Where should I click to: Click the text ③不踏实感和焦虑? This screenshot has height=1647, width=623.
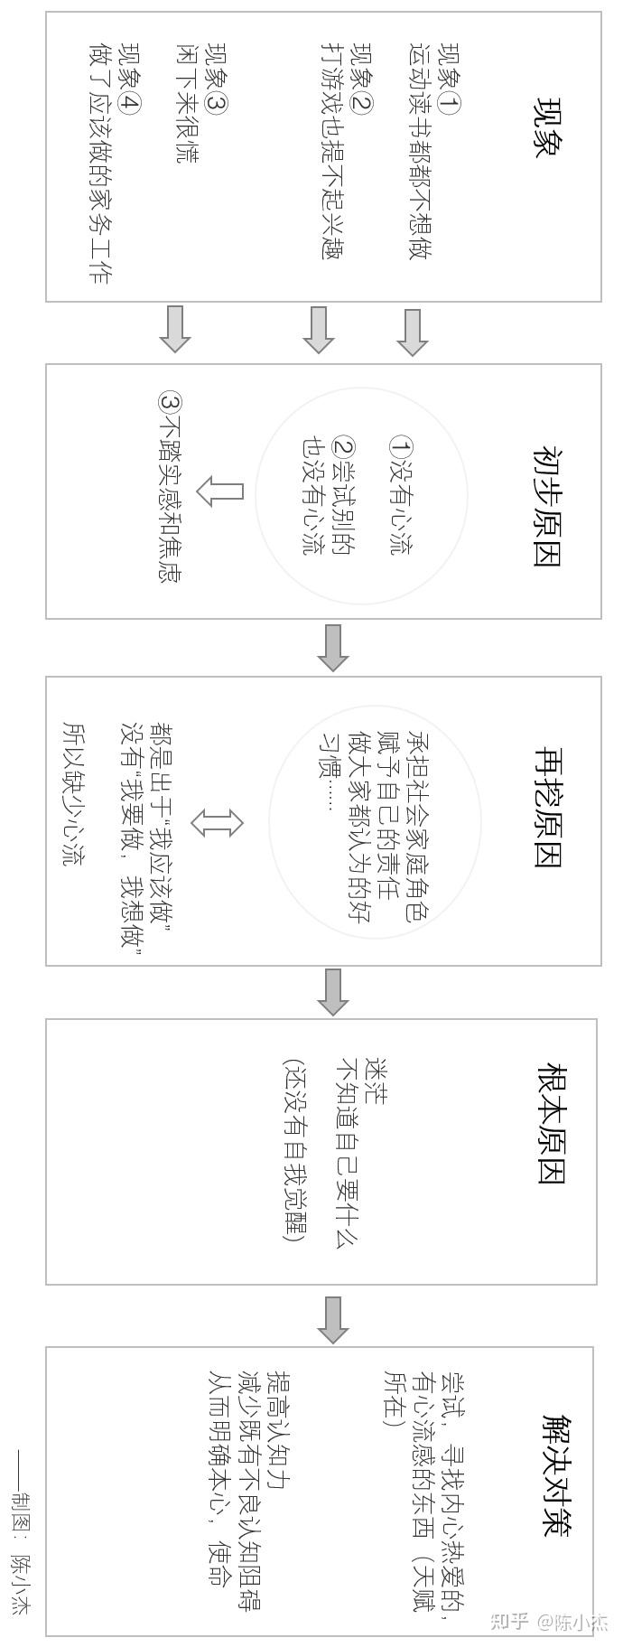click(x=168, y=487)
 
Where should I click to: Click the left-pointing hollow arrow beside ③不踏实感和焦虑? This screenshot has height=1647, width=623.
click(x=220, y=491)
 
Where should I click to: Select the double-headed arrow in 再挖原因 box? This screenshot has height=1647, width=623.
click(x=218, y=822)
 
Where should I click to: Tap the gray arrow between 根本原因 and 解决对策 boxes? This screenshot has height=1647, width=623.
click(x=333, y=1319)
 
